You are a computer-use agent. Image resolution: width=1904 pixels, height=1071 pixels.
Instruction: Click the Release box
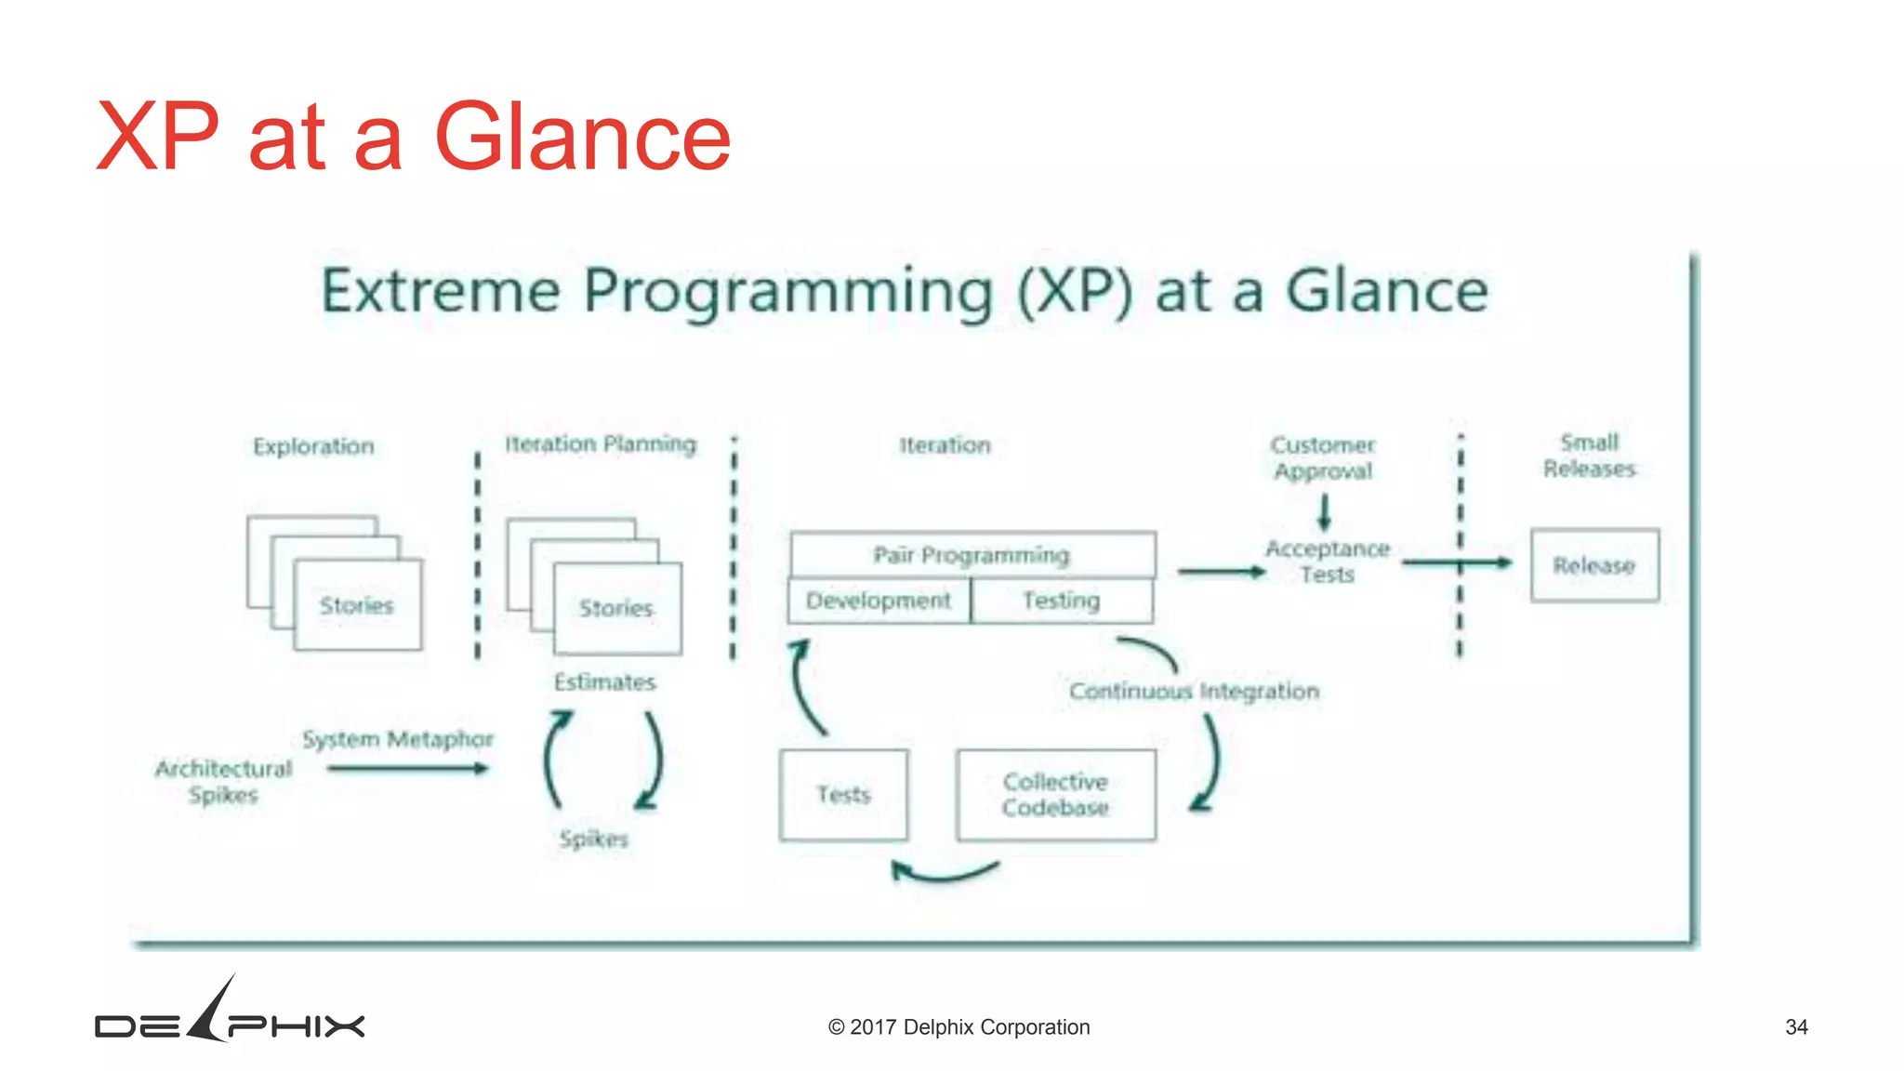pyautogui.click(x=1594, y=565)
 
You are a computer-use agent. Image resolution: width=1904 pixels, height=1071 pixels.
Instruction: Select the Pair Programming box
pyautogui.click(x=972, y=555)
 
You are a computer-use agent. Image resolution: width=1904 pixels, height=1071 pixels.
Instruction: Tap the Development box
pyautogui.click(x=879, y=601)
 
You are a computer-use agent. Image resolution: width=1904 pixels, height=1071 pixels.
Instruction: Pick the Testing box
pyautogui.click(x=1062, y=601)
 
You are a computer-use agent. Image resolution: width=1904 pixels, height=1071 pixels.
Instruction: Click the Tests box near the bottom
pyautogui.click(x=843, y=795)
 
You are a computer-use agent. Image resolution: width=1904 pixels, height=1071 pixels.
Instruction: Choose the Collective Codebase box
pyautogui.click(x=1056, y=795)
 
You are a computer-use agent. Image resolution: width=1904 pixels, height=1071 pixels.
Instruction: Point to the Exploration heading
pyautogui.click(x=313, y=446)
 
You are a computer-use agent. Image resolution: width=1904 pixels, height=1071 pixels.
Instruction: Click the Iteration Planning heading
pyautogui.click(x=601, y=444)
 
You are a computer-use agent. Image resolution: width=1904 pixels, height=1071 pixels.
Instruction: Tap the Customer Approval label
pyautogui.click(x=1323, y=458)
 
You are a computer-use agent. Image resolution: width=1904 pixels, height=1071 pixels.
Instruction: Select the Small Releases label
pyautogui.click(x=1589, y=456)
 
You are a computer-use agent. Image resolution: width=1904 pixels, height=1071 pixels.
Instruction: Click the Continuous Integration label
pyautogui.click(x=1194, y=692)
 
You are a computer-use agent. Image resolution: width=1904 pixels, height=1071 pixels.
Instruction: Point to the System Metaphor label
pyautogui.click(x=398, y=739)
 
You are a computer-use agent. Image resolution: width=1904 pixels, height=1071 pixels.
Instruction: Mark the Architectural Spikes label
pyautogui.click(x=223, y=782)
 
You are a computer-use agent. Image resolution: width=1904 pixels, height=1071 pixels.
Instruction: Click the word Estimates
pyautogui.click(x=605, y=682)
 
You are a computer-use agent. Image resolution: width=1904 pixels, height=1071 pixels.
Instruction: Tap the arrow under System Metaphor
pyautogui.click(x=407, y=768)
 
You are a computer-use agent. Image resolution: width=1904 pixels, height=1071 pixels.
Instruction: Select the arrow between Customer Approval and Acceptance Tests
pyautogui.click(x=1324, y=511)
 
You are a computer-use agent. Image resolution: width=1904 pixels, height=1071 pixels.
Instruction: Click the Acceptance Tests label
pyautogui.click(x=1328, y=562)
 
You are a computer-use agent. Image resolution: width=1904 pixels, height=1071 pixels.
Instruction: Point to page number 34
pyautogui.click(x=1796, y=1027)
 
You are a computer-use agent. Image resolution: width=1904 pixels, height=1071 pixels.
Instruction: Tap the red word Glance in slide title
pyautogui.click(x=583, y=138)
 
